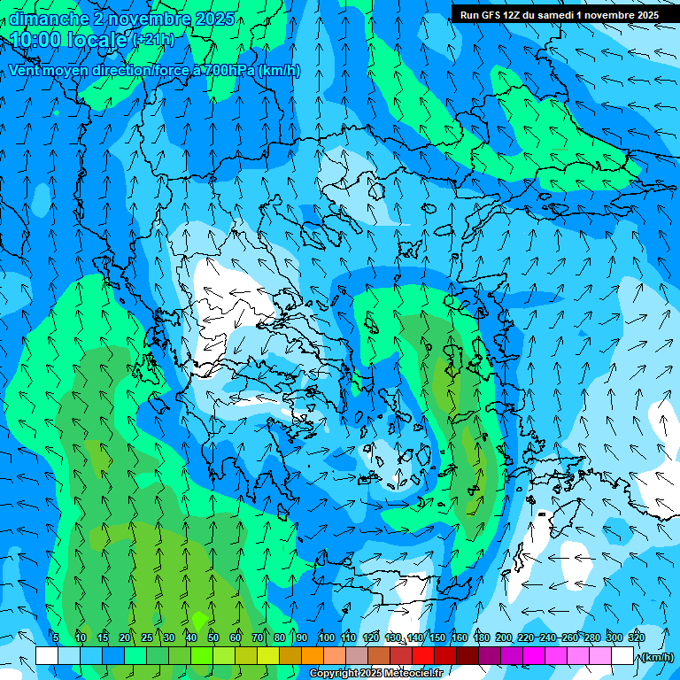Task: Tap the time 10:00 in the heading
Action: tap(41, 40)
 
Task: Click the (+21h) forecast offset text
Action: tap(152, 40)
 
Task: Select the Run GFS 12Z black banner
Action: tap(559, 15)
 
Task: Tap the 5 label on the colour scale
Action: tap(55, 637)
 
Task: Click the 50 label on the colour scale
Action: tap(213, 637)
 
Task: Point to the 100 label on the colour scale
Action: tap(327, 637)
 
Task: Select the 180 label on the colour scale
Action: tap(482, 637)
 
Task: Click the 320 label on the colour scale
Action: tap(636, 637)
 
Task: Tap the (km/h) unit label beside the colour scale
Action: tap(656, 657)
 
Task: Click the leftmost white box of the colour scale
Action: tap(47, 656)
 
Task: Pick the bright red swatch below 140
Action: tap(423, 656)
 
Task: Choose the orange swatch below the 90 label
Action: tap(313, 656)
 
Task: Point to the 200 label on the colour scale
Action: tap(504, 637)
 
